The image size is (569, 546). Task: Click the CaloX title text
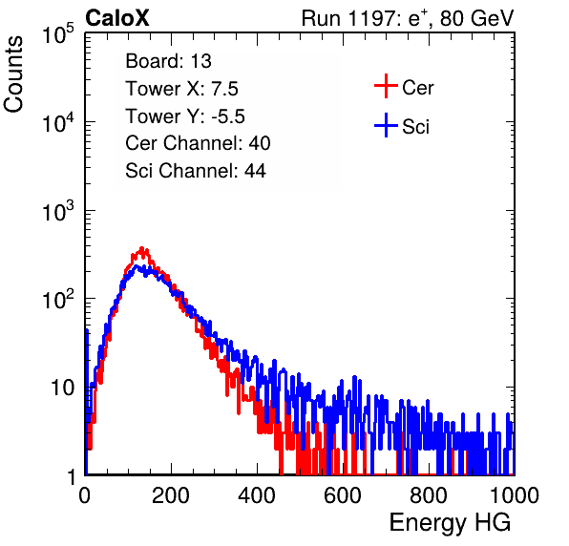coord(117,18)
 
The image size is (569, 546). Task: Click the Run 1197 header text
coord(408,18)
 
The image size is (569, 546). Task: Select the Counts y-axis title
coord(13,74)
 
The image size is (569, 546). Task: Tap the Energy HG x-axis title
coord(450,523)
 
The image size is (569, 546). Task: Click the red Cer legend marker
coord(386,86)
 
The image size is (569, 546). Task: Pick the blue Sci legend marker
coord(386,126)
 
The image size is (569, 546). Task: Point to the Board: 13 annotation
coord(168,61)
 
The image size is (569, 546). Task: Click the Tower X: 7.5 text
coord(181,89)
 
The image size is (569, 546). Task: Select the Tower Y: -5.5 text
coord(185,116)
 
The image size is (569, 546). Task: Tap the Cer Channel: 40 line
coord(198,143)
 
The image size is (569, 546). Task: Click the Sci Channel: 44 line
coord(196,171)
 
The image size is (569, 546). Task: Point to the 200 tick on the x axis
coord(171,495)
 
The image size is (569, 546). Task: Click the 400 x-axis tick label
coord(257,495)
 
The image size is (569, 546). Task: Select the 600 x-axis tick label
coord(343,495)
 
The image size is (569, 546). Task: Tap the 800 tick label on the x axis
coord(429,495)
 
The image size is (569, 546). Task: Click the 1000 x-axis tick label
coord(515,495)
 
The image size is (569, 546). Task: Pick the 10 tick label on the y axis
coord(63,388)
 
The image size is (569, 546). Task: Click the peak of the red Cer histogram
coord(142,248)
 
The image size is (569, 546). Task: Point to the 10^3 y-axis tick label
coord(58,210)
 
